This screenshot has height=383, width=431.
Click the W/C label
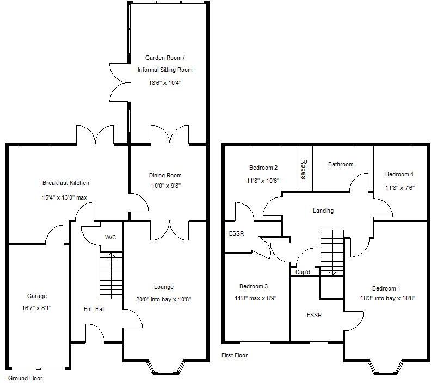point(110,237)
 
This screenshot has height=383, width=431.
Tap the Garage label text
point(37,296)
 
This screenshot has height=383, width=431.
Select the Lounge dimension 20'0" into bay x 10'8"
point(164,299)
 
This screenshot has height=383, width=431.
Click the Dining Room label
point(165,175)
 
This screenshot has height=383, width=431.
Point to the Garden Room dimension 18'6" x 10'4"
point(165,83)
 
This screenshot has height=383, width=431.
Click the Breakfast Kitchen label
point(66,183)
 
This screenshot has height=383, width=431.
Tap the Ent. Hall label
point(94,309)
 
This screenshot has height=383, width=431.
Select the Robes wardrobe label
point(304,169)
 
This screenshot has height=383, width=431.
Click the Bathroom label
point(341,164)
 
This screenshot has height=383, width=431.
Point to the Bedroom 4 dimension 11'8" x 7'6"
point(400,188)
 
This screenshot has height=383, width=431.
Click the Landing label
point(323,211)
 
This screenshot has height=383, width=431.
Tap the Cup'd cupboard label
point(303,272)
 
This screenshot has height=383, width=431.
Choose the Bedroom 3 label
point(254,286)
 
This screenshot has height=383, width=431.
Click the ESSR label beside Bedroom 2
point(236,233)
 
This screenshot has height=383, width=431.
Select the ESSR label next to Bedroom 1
point(314,315)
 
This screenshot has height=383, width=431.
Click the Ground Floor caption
point(25,378)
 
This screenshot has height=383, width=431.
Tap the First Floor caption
point(235,355)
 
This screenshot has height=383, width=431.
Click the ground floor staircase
point(111,276)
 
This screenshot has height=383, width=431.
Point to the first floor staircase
point(332,253)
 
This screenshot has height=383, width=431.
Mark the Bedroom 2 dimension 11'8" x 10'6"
point(263,181)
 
